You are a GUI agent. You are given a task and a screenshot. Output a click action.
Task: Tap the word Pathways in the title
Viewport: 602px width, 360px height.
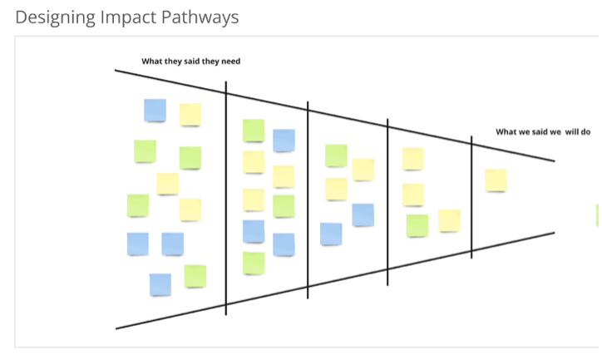point(200,16)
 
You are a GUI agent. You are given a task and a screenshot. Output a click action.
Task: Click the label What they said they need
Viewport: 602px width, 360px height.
point(191,62)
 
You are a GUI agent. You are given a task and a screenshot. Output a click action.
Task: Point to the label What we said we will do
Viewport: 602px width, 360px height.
point(543,131)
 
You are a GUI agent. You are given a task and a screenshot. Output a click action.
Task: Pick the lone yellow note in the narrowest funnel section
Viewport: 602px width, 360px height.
point(496,180)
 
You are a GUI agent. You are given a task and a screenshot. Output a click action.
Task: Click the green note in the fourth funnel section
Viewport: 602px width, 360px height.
point(417,225)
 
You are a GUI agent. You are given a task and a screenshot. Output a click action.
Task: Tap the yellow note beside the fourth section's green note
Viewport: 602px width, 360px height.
point(449,220)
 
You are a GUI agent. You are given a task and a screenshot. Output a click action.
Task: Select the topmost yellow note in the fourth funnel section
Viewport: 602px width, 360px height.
point(413,158)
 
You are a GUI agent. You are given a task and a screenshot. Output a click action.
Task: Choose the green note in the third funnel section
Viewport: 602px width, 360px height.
point(336,155)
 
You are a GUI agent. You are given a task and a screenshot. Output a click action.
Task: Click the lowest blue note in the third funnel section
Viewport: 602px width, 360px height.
point(331,234)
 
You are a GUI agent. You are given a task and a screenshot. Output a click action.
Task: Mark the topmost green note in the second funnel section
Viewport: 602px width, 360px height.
point(254,131)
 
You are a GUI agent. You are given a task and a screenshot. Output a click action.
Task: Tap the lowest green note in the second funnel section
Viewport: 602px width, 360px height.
point(254,263)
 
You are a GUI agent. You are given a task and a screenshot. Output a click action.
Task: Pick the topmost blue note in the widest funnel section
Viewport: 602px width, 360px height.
point(155,110)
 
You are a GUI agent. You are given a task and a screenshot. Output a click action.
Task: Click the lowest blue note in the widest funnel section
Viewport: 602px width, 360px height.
point(160,284)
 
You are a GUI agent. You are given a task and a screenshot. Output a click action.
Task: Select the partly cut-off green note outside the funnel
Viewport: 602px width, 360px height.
point(598,215)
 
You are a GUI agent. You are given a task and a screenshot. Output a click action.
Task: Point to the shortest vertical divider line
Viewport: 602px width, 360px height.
point(471,197)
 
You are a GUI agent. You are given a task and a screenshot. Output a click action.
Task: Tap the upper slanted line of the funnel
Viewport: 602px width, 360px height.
point(333,114)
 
